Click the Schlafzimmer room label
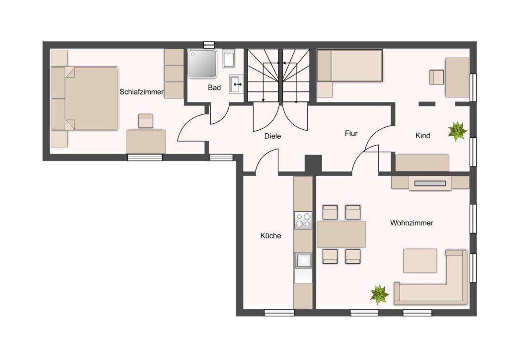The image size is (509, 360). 142,92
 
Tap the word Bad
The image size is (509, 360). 214,88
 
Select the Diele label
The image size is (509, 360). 273,136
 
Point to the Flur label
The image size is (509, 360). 351,133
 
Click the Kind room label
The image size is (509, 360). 423,136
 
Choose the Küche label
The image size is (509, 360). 270,236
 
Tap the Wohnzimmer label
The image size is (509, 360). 412,223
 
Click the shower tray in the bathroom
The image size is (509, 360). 202,64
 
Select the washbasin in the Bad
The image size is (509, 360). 237,84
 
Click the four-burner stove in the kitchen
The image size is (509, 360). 303,220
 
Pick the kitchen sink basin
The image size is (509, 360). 303,260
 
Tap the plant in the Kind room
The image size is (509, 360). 457,131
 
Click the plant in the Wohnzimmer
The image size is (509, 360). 379,295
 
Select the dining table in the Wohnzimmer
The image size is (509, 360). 341,234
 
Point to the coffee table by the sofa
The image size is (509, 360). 420,261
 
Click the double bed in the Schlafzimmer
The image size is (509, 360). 85,98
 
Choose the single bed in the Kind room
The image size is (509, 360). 349,65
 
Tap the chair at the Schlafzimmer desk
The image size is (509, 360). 146,121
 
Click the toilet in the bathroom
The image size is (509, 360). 229,59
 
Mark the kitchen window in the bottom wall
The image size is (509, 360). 279,313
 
